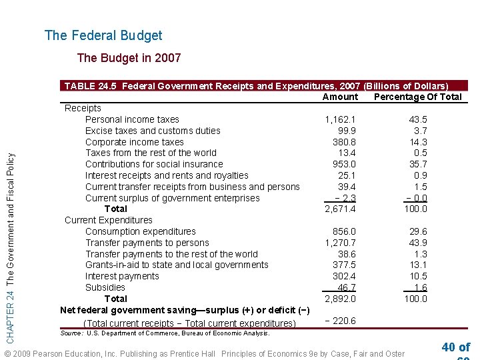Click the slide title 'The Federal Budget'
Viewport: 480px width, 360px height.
click(x=103, y=35)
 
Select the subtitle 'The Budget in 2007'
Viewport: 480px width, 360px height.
click(x=129, y=58)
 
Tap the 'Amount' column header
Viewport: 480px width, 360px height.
click(x=340, y=97)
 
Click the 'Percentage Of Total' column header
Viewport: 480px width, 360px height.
click(x=418, y=97)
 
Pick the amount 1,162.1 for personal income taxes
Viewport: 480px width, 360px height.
click(x=340, y=119)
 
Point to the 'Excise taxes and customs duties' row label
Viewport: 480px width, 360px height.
click(x=153, y=131)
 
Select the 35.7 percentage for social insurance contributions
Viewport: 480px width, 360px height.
click(x=418, y=164)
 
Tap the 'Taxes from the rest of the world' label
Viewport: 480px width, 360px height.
click(x=151, y=153)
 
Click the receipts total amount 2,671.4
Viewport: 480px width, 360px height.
click(x=340, y=209)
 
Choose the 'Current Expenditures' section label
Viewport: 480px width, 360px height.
click(x=108, y=220)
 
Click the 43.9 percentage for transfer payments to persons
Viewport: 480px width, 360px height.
click(x=418, y=243)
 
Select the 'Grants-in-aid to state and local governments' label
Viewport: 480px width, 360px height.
click(x=177, y=265)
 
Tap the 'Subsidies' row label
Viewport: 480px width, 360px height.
click(x=105, y=287)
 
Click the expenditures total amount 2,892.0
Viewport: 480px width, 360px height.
click(x=340, y=299)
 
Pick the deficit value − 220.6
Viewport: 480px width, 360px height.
click(x=340, y=321)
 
